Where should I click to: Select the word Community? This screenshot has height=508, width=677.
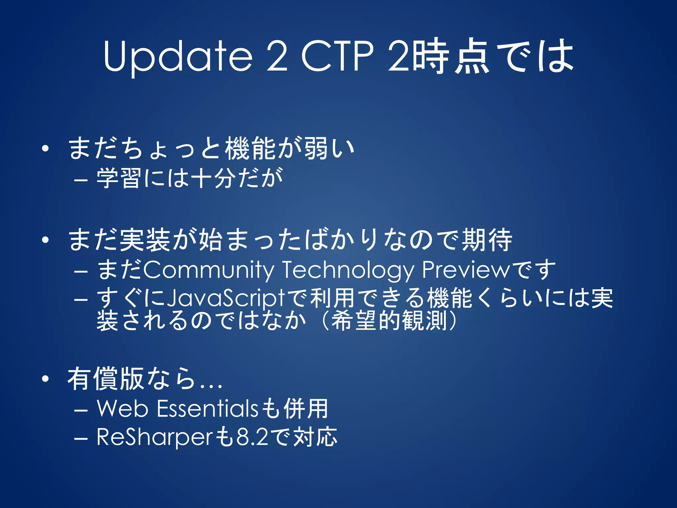tap(209, 270)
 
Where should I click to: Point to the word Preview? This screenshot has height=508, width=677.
tap(466, 270)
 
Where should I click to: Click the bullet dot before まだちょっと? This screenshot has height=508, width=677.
tap(45, 148)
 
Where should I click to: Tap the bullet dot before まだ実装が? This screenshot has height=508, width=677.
tap(45, 240)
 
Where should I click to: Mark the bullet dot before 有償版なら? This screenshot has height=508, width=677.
tap(45, 379)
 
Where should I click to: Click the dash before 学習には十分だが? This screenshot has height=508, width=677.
tap(81, 180)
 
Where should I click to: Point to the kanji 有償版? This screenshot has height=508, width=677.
tap(106, 379)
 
